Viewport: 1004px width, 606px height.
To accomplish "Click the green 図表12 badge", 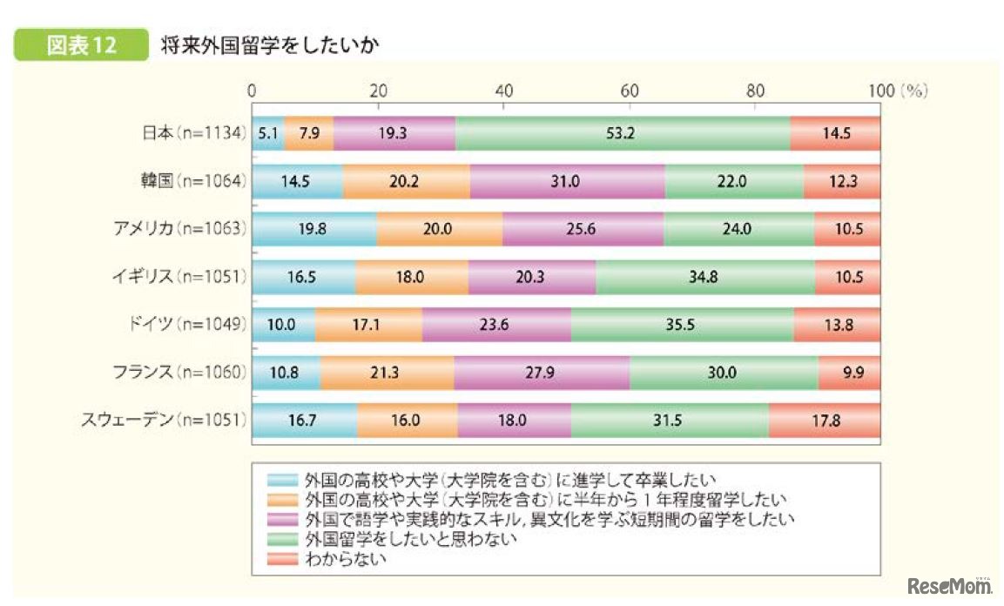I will pos(80,46).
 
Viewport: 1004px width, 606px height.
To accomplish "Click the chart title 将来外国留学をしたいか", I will pos(268,46).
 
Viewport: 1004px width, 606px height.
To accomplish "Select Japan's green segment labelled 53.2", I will pos(622,134).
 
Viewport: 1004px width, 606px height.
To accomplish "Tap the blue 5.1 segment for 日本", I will pos(267,134).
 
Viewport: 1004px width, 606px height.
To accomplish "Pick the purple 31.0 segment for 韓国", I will pos(567,182).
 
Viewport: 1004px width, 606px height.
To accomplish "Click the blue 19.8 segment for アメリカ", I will pos(314,230).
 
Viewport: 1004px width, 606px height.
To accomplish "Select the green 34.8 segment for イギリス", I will pos(705,278).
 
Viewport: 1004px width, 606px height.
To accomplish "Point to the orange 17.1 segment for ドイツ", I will pos(368,326).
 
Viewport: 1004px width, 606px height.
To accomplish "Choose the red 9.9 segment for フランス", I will pos(849,373).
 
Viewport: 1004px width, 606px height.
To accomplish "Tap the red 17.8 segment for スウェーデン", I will pos(824,421).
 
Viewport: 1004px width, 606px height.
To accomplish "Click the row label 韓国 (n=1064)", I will pos(193,182).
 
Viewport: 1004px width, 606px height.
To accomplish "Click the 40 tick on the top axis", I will pos(503,91).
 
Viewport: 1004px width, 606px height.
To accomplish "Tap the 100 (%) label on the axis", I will pos(897,91).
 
